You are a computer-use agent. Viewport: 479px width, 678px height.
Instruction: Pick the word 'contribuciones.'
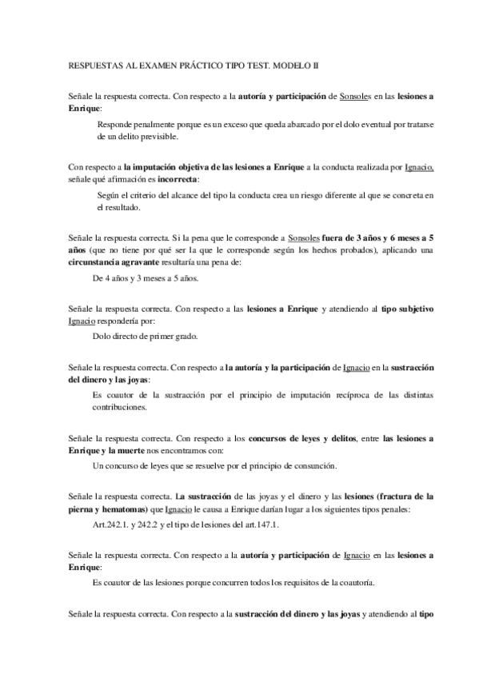point(121,406)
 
